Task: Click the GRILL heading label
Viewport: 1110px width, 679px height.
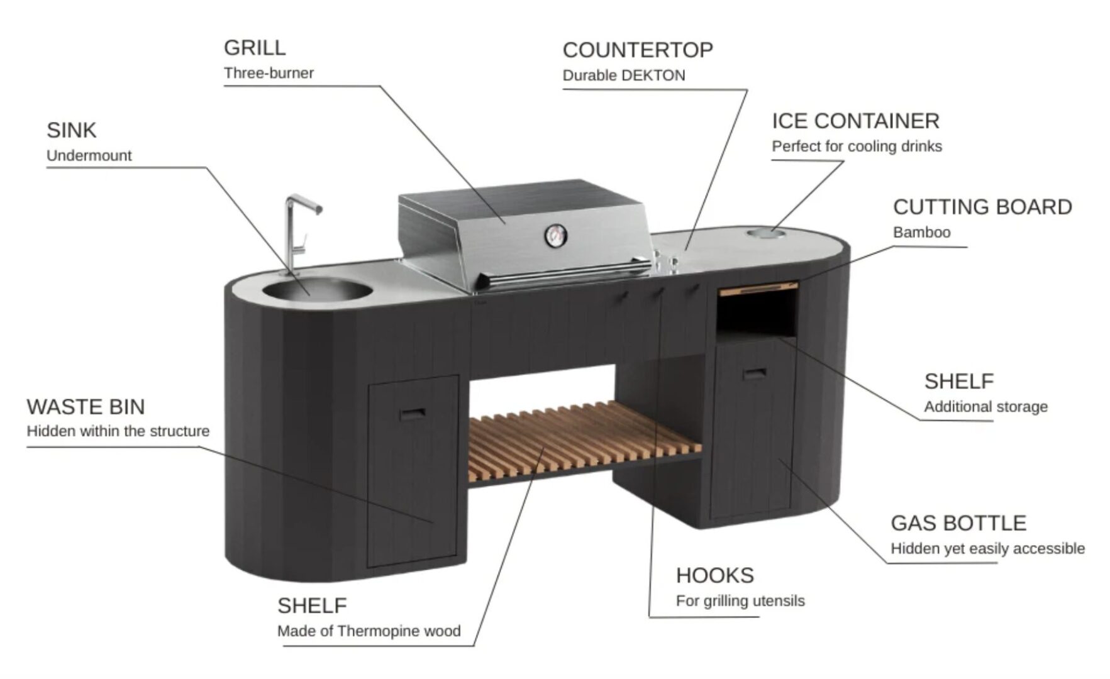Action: pyautogui.click(x=255, y=48)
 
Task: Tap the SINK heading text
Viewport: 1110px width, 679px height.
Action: pyautogui.click(x=72, y=130)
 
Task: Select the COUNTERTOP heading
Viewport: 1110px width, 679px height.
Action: pyautogui.click(x=638, y=50)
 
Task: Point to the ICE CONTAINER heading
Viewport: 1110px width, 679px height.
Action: pyautogui.click(x=855, y=121)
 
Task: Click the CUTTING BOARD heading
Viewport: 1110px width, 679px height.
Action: pyautogui.click(x=982, y=207)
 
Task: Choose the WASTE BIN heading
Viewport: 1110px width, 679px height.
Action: pyautogui.click(x=86, y=407)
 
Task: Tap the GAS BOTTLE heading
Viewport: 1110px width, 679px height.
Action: pyautogui.click(x=958, y=523)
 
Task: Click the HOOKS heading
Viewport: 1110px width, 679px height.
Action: pyautogui.click(x=715, y=575)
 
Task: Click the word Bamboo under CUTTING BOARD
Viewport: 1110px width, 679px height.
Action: pyautogui.click(x=922, y=233)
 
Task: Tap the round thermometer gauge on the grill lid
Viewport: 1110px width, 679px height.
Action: pyautogui.click(x=555, y=235)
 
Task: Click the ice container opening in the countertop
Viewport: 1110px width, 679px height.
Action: pyautogui.click(x=766, y=235)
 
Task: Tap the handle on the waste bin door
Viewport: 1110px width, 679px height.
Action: pyautogui.click(x=412, y=414)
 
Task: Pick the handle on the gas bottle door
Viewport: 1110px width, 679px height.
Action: pyautogui.click(x=754, y=373)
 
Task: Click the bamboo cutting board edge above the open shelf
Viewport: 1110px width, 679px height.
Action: pyautogui.click(x=759, y=289)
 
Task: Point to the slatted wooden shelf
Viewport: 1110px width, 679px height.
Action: pyautogui.click(x=585, y=437)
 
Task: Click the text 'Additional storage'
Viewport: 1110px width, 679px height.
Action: pyautogui.click(x=985, y=407)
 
